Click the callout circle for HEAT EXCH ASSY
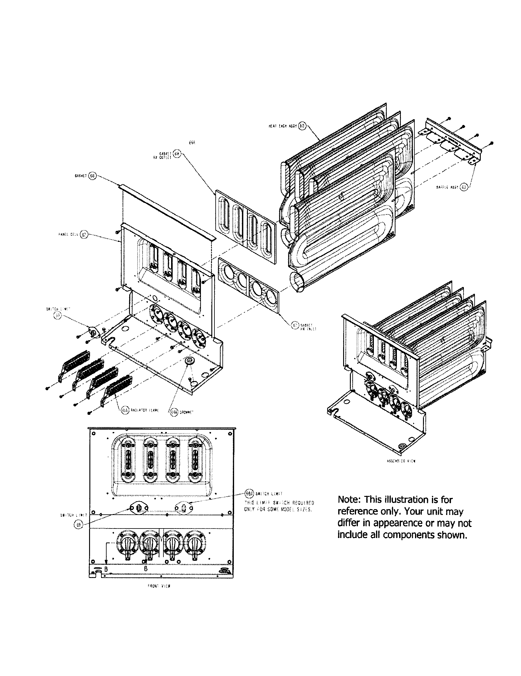pyautogui.click(x=302, y=126)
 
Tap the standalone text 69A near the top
pyautogui.click(x=192, y=142)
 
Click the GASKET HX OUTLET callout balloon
pyautogui.click(x=176, y=154)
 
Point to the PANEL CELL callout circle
pyautogui.click(x=84, y=234)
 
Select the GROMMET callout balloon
pyautogui.click(x=174, y=412)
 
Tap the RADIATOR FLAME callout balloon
pyautogui.click(x=125, y=411)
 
